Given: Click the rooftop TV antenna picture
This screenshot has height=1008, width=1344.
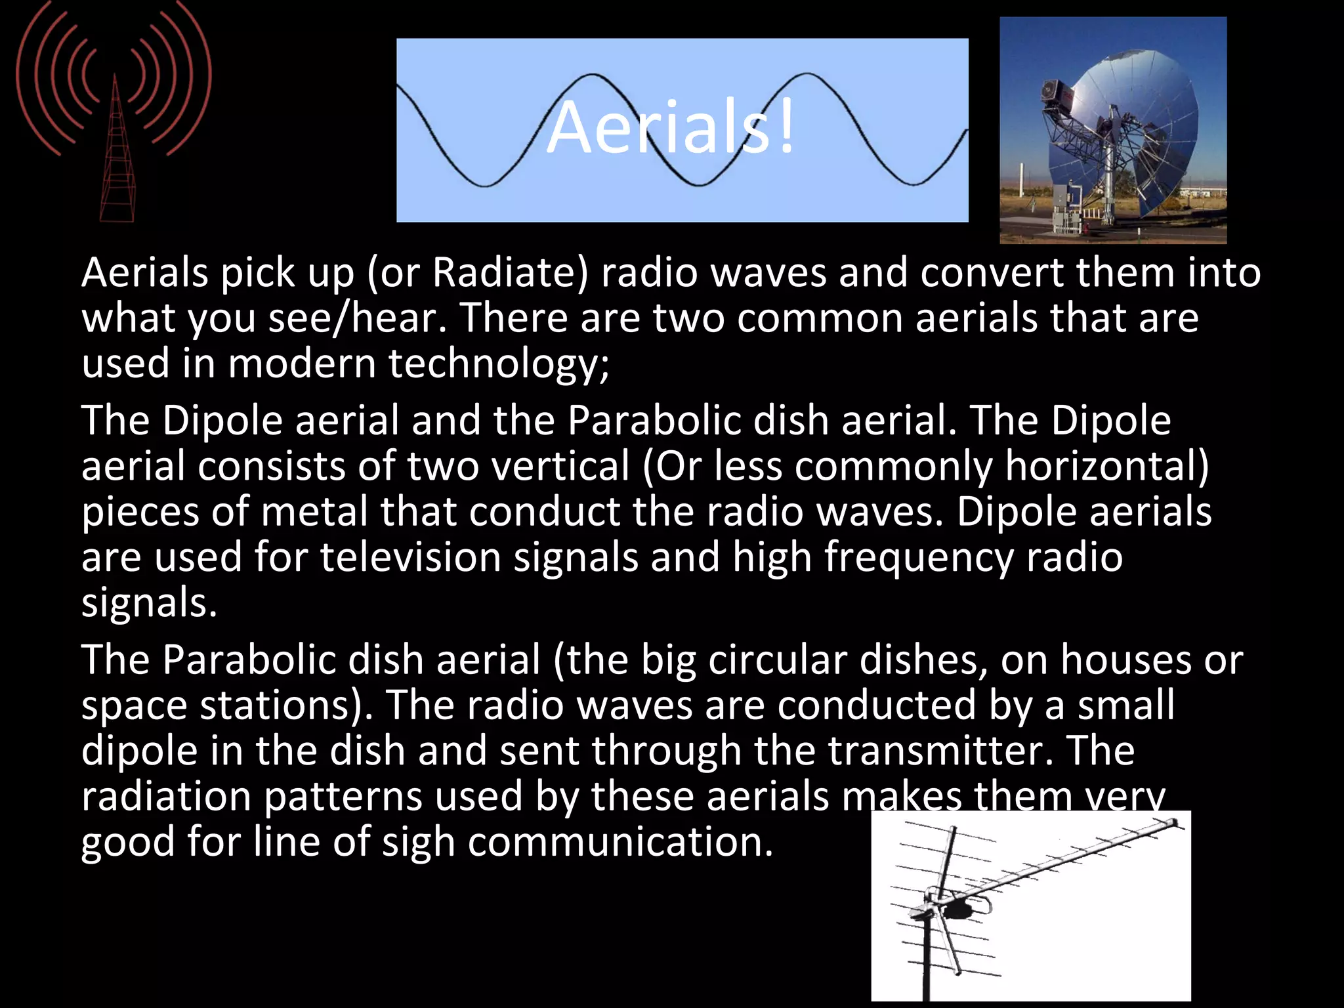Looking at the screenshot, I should [1030, 906].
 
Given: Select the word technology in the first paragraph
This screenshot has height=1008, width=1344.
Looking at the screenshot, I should [498, 364].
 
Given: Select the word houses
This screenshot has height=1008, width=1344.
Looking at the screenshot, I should [1125, 660].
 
